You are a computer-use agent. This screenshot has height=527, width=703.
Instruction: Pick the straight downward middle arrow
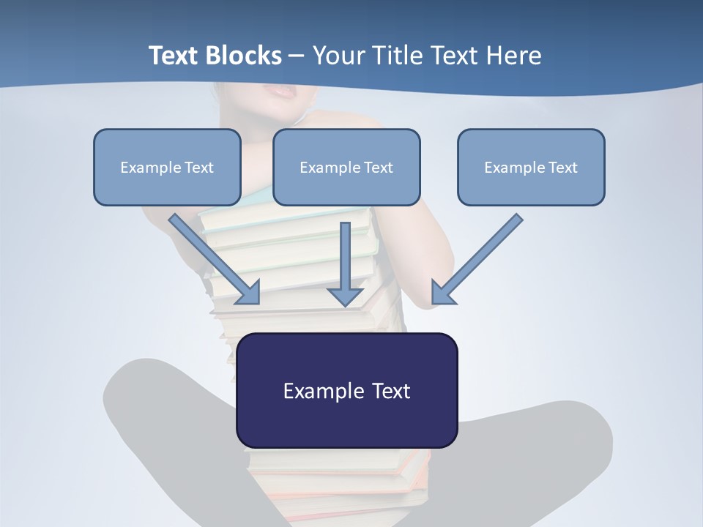coord(345,256)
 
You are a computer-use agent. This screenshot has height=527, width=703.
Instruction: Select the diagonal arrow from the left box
coord(212,256)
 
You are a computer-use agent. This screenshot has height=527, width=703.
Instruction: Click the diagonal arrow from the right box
coord(480,256)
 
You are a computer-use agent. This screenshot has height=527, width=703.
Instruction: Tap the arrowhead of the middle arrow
coord(345,296)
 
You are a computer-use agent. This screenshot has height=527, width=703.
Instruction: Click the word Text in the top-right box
coord(562,168)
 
